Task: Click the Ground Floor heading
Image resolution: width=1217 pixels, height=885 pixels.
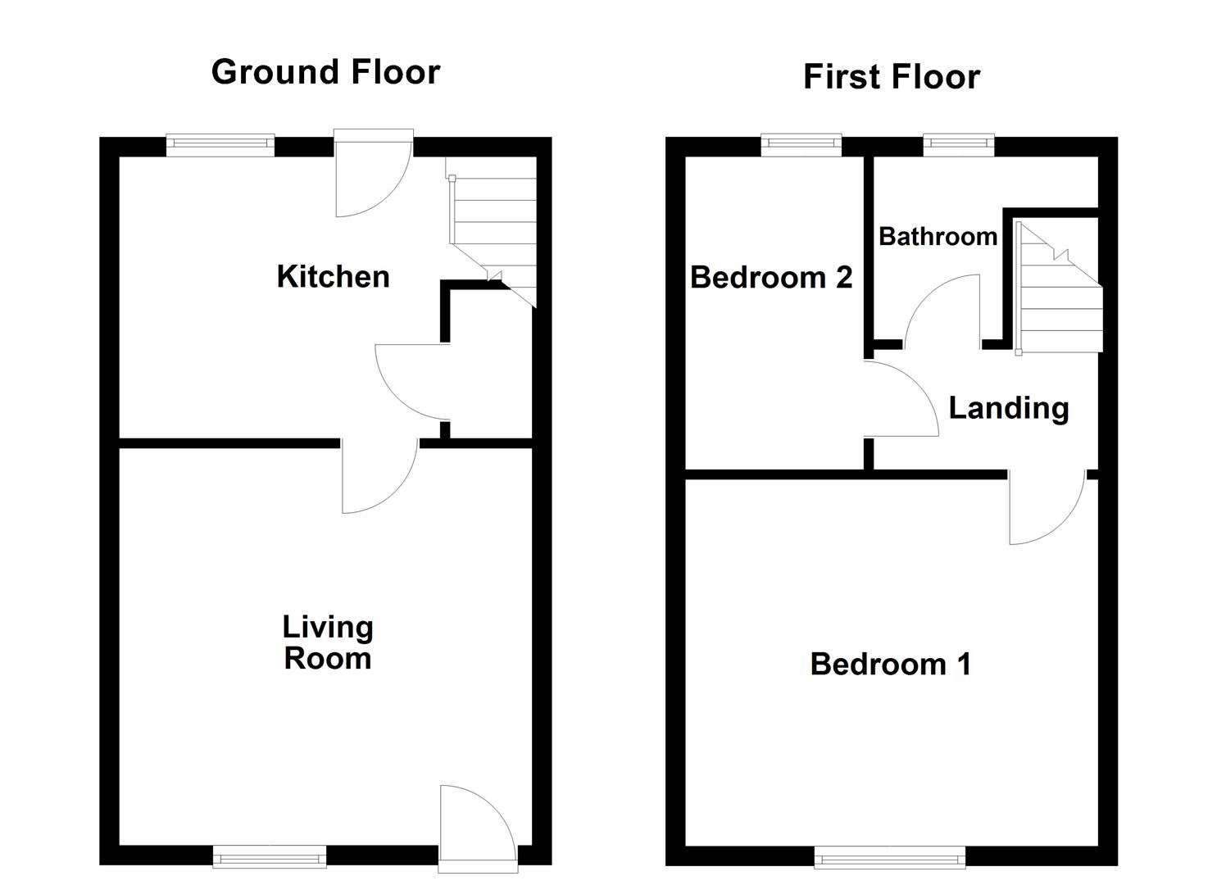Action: click(x=325, y=72)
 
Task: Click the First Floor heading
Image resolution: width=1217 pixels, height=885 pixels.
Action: click(x=891, y=77)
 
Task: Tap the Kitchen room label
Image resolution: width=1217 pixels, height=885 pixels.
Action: click(x=333, y=277)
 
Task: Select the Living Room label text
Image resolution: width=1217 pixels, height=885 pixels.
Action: click(x=328, y=642)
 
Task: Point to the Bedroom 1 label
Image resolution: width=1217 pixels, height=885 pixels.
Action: click(x=891, y=663)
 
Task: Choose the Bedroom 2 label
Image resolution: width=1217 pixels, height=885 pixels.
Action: click(x=771, y=277)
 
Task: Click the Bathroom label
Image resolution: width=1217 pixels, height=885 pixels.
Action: click(x=938, y=237)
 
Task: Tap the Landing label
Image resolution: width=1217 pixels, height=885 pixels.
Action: click(x=1008, y=407)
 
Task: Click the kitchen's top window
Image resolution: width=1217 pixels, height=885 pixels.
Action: click(x=220, y=145)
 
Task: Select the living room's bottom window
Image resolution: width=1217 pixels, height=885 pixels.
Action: click(x=270, y=857)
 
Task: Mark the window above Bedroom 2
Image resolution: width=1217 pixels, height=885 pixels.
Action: click(x=801, y=145)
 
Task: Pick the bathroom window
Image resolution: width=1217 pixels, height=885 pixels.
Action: click(x=959, y=145)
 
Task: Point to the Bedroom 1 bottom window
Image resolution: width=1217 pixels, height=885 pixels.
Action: click(x=889, y=857)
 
